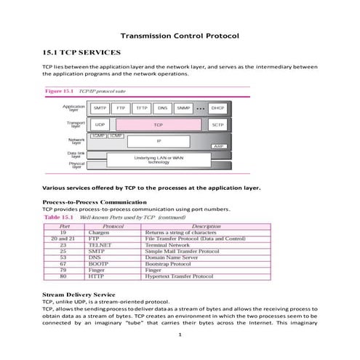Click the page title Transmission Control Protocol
179,36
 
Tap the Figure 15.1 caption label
63,92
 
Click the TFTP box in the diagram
142,108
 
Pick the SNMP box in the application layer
184,108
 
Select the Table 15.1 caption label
58,217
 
